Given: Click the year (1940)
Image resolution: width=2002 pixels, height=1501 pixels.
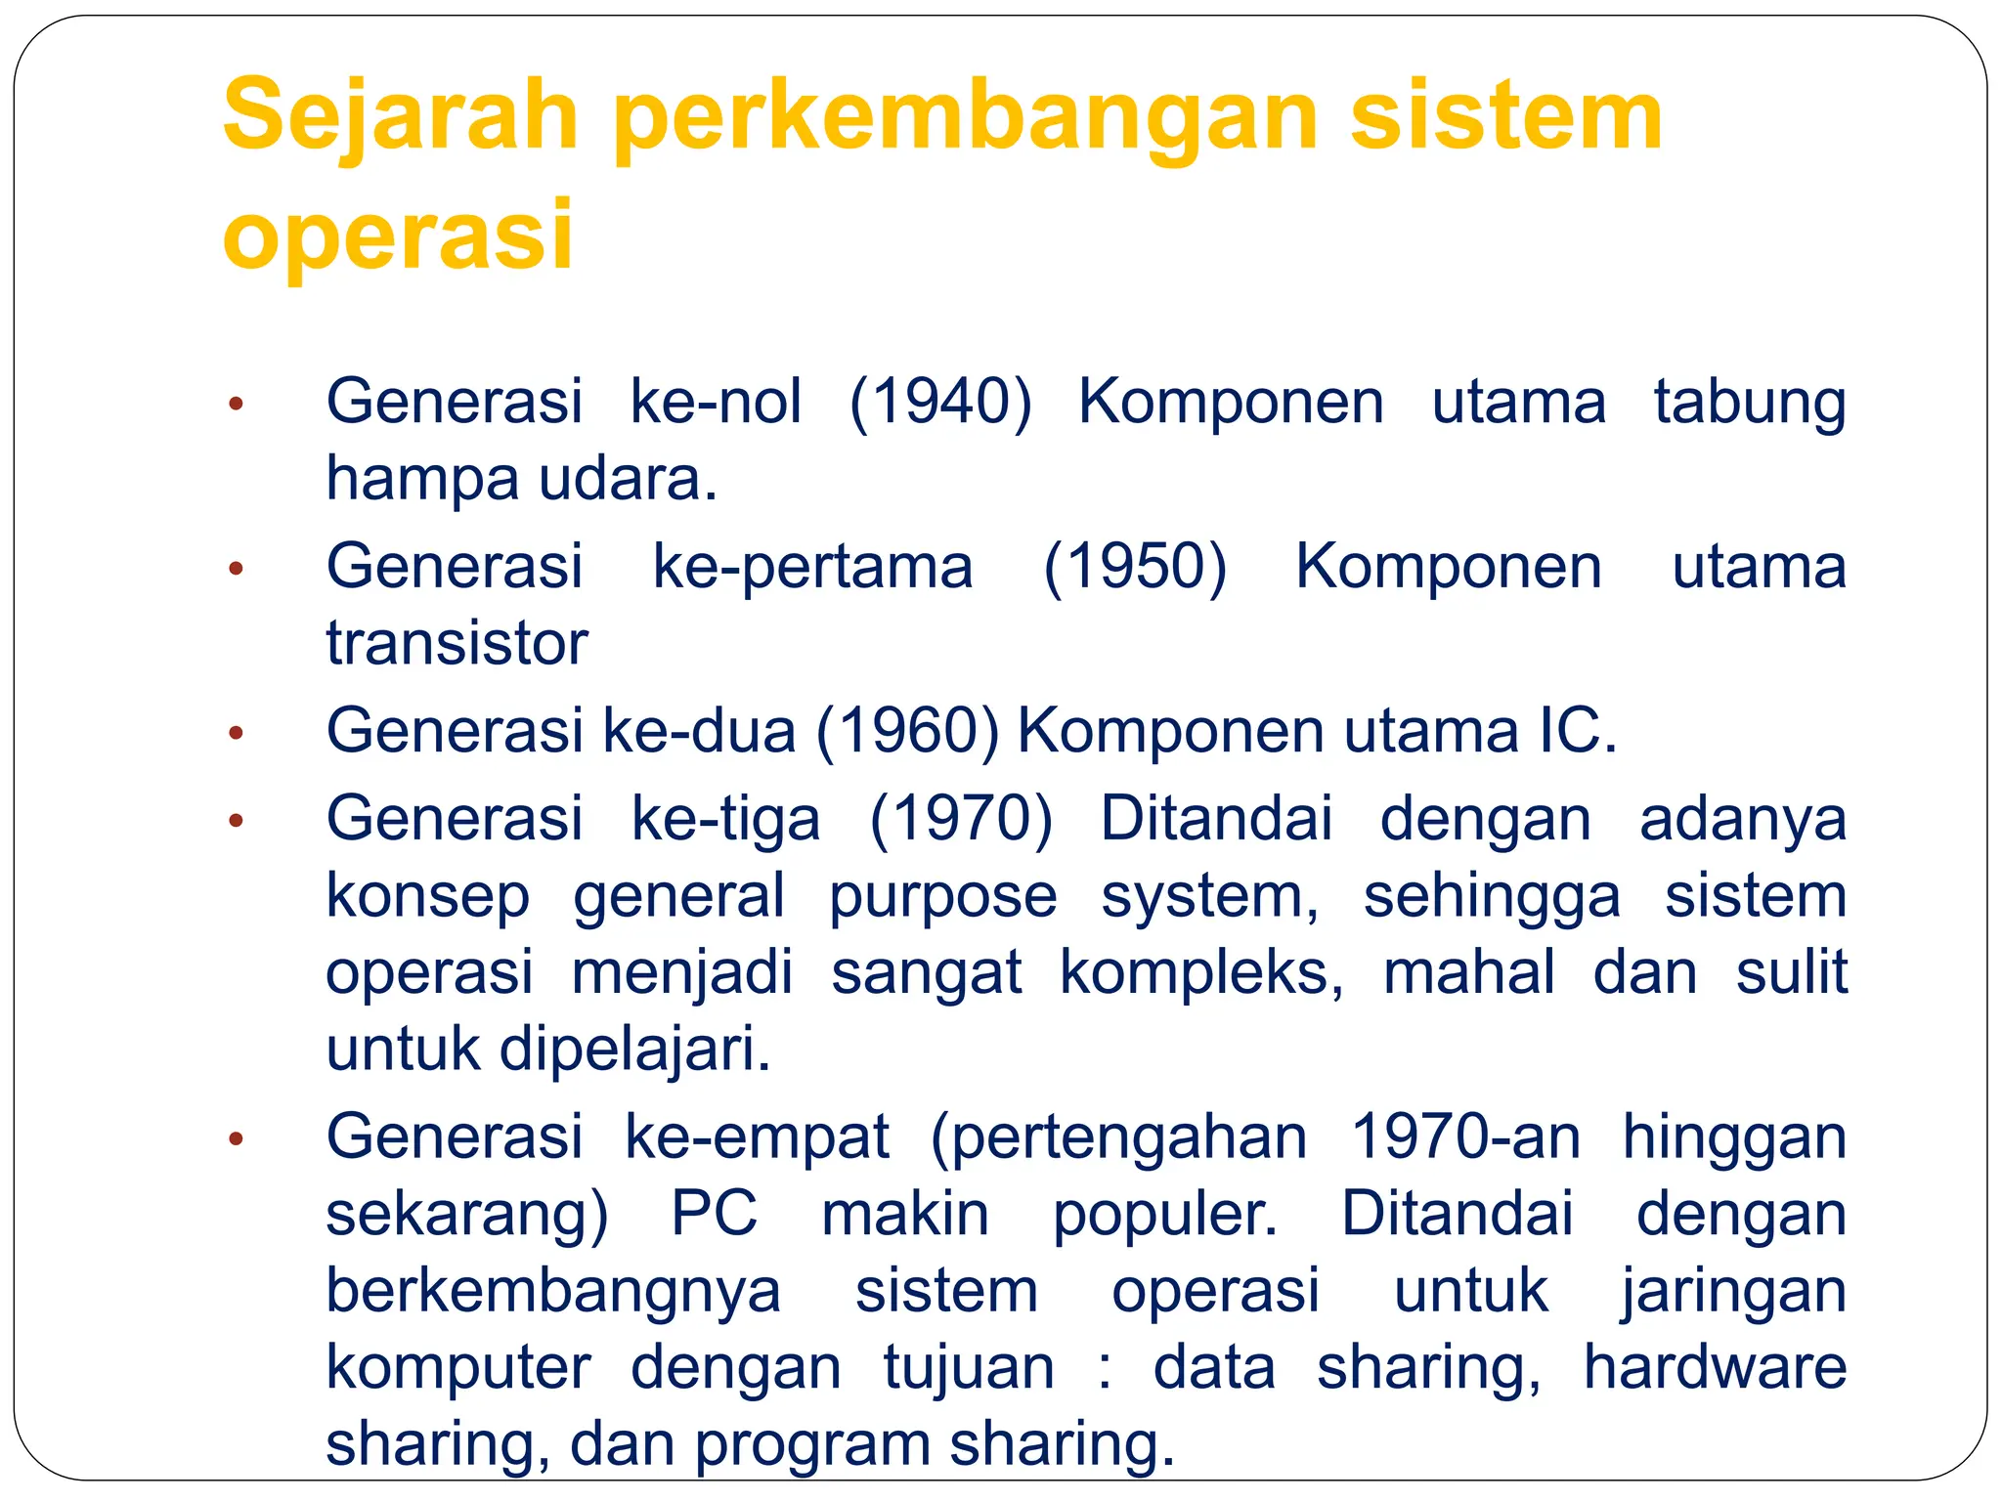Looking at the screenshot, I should (940, 402).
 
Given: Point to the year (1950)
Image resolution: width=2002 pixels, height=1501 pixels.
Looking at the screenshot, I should (1135, 567).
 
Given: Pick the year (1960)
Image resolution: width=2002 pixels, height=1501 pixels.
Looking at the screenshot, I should (908, 732).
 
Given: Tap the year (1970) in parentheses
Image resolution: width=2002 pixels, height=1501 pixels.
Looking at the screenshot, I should (962, 818).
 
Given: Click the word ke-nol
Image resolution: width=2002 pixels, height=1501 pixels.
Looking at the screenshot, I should (717, 402).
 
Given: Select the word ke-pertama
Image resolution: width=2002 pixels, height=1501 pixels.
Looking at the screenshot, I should (812, 567).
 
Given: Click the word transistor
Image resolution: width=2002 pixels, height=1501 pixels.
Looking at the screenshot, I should (457, 644).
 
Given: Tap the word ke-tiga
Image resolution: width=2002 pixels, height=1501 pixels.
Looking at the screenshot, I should (726, 818).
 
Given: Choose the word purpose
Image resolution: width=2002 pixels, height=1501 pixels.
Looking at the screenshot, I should (943, 895).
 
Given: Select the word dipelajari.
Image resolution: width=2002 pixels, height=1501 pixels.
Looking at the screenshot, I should (635, 1050).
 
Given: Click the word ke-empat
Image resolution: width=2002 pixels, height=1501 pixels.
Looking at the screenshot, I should (758, 1136).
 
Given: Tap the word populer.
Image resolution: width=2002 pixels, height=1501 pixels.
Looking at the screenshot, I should (1165, 1214).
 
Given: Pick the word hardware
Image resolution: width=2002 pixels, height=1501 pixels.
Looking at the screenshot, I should (1715, 1367).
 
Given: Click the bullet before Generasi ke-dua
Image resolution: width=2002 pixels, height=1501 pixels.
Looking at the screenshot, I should (235, 733).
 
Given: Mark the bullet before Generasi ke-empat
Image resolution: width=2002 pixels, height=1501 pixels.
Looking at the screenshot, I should (235, 1138).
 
